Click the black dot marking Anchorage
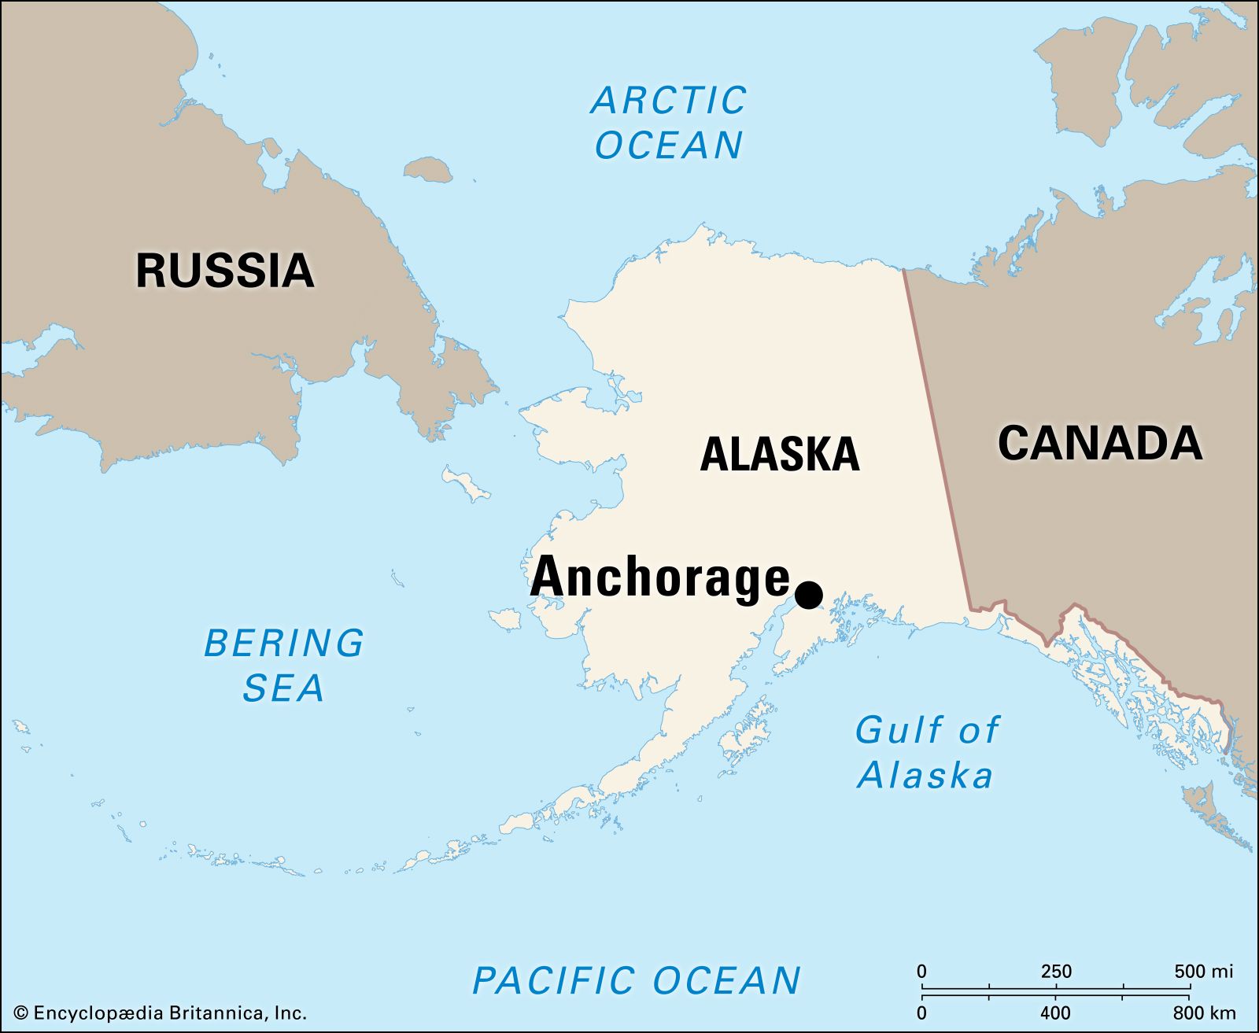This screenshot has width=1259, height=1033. [x=809, y=595]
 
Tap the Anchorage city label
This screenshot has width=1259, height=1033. [x=659, y=578]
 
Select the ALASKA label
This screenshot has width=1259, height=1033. [x=779, y=455]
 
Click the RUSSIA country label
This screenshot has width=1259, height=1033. [x=225, y=271]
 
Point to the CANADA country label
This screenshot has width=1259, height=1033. [x=1099, y=443]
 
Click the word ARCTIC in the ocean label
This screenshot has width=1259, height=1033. [x=668, y=101]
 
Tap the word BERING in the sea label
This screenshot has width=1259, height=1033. [x=284, y=644]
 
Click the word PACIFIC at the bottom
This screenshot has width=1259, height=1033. [x=552, y=981]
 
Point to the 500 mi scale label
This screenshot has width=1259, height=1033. [x=1203, y=972]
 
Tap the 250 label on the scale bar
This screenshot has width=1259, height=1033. [x=1056, y=972]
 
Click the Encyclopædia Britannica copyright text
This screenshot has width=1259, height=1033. [x=161, y=1013]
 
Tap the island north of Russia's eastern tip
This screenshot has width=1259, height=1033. [x=428, y=168]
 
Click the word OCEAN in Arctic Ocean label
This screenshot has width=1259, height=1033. [x=668, y=146]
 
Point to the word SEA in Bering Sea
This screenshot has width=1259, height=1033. [x=283, y=688]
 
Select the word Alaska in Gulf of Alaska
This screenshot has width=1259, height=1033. [x=925, y=776]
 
